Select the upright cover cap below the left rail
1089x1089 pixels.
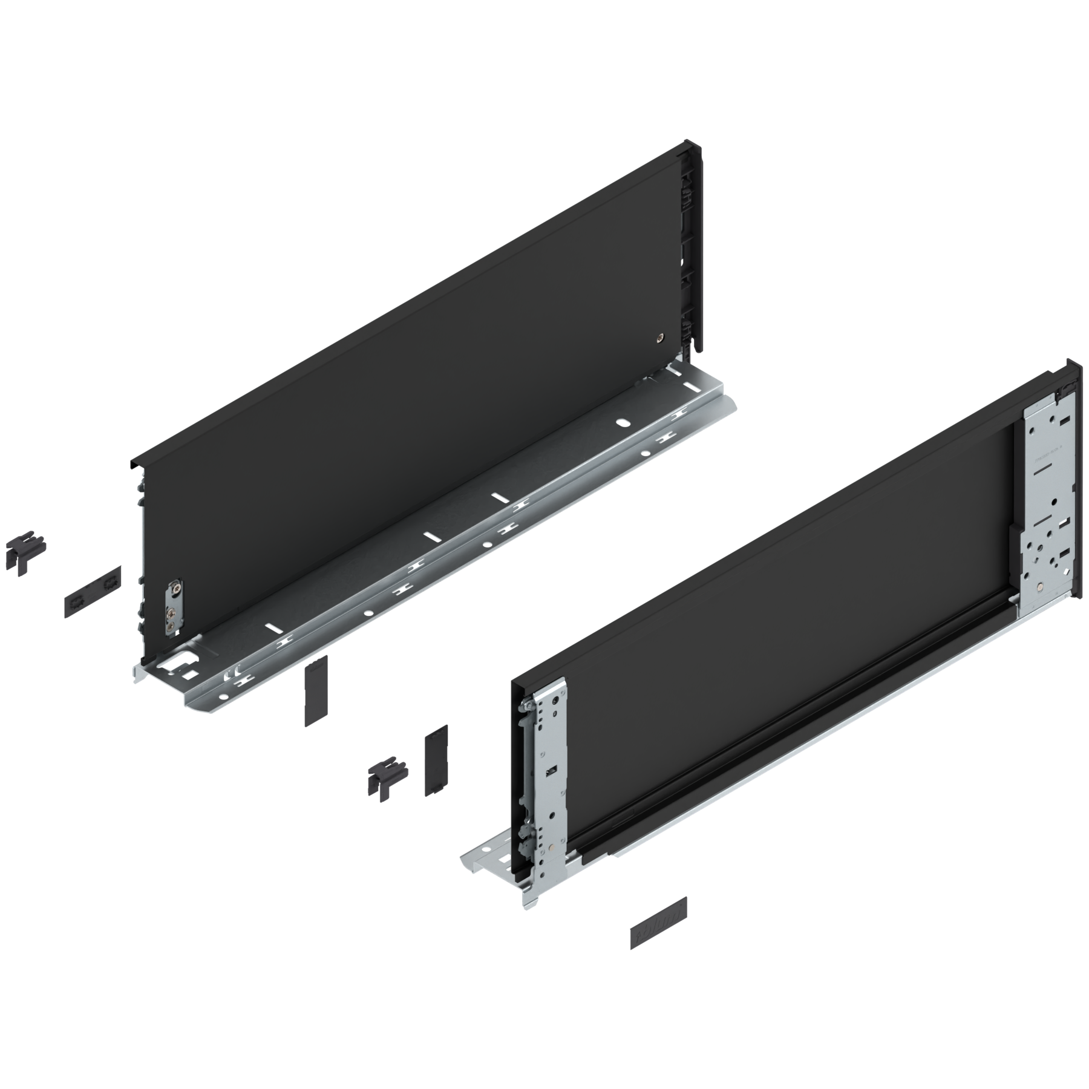click(316, 690)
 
